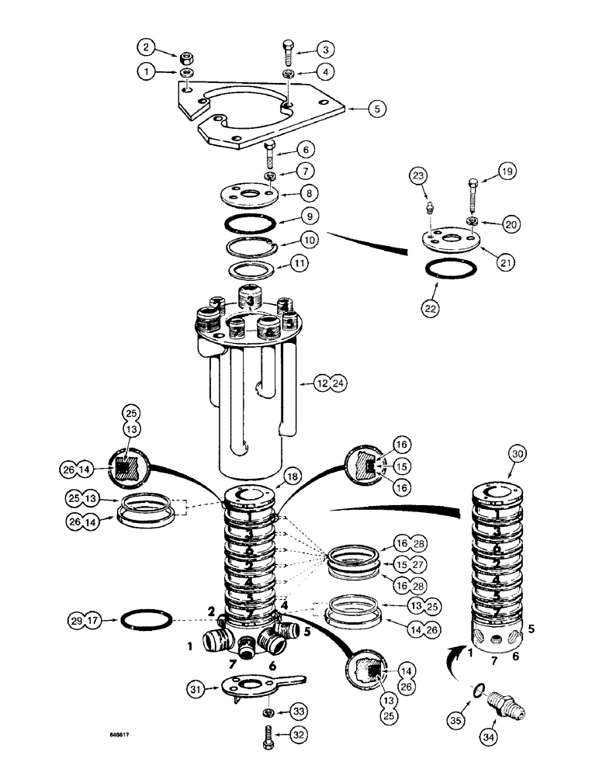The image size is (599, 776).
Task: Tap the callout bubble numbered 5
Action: point(377,110)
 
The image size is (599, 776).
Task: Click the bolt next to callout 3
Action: point(286,51)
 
